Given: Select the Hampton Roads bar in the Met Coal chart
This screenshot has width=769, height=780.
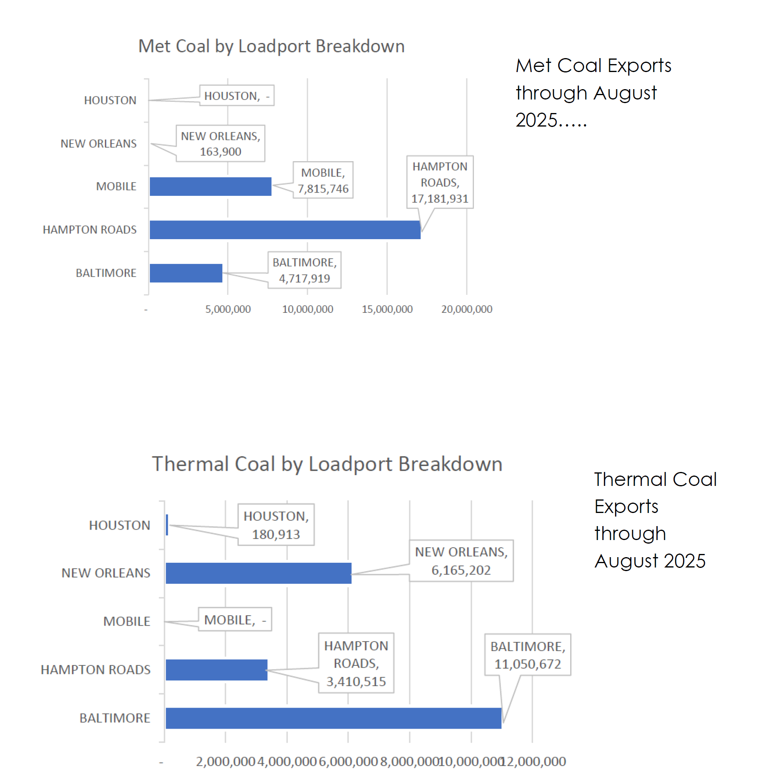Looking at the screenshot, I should pos(284,229).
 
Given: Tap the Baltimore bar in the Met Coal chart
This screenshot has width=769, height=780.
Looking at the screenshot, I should pos(186,273).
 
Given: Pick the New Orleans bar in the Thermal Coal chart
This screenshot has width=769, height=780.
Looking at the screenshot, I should pos(258,573).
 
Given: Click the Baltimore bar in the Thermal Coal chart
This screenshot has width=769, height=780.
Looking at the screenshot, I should pos(333,718).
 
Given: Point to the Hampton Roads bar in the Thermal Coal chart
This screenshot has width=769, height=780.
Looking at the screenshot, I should pos(216,669).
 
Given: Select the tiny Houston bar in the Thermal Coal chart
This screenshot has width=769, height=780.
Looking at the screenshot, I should pos(167,525).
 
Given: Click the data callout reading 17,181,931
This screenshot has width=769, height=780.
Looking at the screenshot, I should pos(439,182).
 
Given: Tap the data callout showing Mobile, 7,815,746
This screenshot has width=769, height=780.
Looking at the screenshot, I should pos(323,180).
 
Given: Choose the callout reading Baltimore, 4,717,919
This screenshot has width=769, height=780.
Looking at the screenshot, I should pos(304,270).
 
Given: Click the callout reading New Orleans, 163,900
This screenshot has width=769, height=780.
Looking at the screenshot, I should pos(220,143).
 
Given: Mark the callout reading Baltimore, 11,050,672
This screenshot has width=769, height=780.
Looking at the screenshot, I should pos(527,654).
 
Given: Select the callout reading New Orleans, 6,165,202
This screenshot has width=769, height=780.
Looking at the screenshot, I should pos(461,560).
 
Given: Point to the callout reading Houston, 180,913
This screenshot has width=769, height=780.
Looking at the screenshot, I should pos(276,525).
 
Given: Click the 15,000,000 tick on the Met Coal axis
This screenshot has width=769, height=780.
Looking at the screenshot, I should pos(387,309).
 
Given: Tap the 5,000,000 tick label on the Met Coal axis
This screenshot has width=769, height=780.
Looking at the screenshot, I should pos(228,309).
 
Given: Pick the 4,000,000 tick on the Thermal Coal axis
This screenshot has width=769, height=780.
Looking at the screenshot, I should pos(286,761).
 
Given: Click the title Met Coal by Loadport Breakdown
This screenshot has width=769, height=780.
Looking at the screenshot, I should pos(271,46).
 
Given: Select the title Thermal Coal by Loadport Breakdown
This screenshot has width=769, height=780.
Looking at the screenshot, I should pos(327,464).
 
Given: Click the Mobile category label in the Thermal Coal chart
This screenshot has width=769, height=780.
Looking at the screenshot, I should pos(127,621).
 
